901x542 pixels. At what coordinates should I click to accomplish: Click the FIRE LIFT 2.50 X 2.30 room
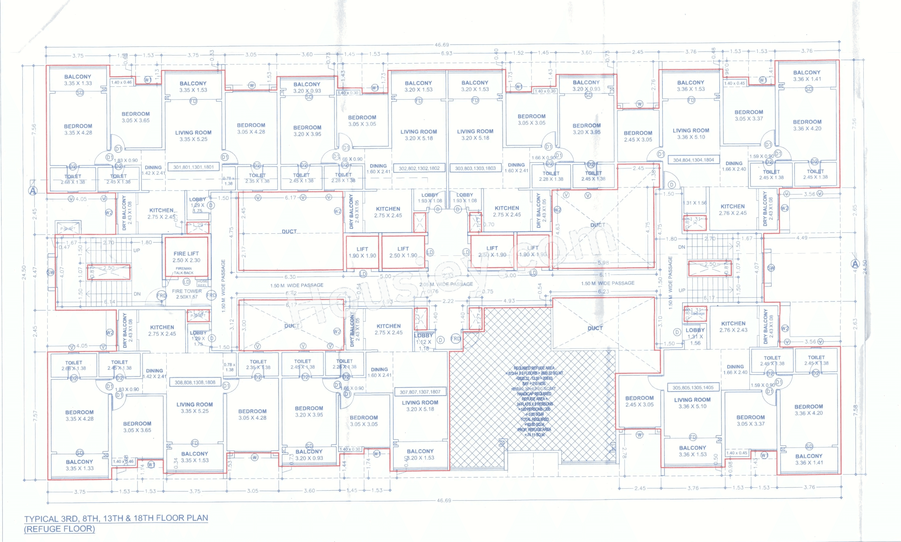pyautogui.click(x=186, y=257)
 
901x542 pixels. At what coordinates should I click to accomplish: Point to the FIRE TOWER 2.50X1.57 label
pyautogui.click(x=187, y=294)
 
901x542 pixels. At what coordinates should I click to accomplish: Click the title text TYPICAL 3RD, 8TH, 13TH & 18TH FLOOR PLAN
pyautogui.click(x=116, y=518)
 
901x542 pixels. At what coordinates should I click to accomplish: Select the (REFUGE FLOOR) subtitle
pyautogui.click(x=60, y=529)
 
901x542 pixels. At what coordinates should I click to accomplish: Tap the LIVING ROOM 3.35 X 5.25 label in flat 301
pyautogui.click(x=193, y=136)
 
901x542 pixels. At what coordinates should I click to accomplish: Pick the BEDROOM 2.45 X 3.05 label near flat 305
pyautogui.click(x=639, y=401)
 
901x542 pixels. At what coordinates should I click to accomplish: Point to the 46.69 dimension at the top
pyautogui.click(x=442, y=45)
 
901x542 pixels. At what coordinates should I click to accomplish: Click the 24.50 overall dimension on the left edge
pyautogui.click(x=24, y=272)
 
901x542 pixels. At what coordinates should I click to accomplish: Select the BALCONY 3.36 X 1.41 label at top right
pyautogui.click(x=807, y=76)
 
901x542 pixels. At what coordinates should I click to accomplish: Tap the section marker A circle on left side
pyautogui.click(x=33, y=191)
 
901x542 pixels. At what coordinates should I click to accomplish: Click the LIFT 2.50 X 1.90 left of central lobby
pyautogui.click(x=403, y=252)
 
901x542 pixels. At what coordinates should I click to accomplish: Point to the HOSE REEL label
pyautogui.click(x=202, y=283)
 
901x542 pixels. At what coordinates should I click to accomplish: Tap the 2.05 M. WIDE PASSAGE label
pyautogui.click(x=446, y=284)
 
